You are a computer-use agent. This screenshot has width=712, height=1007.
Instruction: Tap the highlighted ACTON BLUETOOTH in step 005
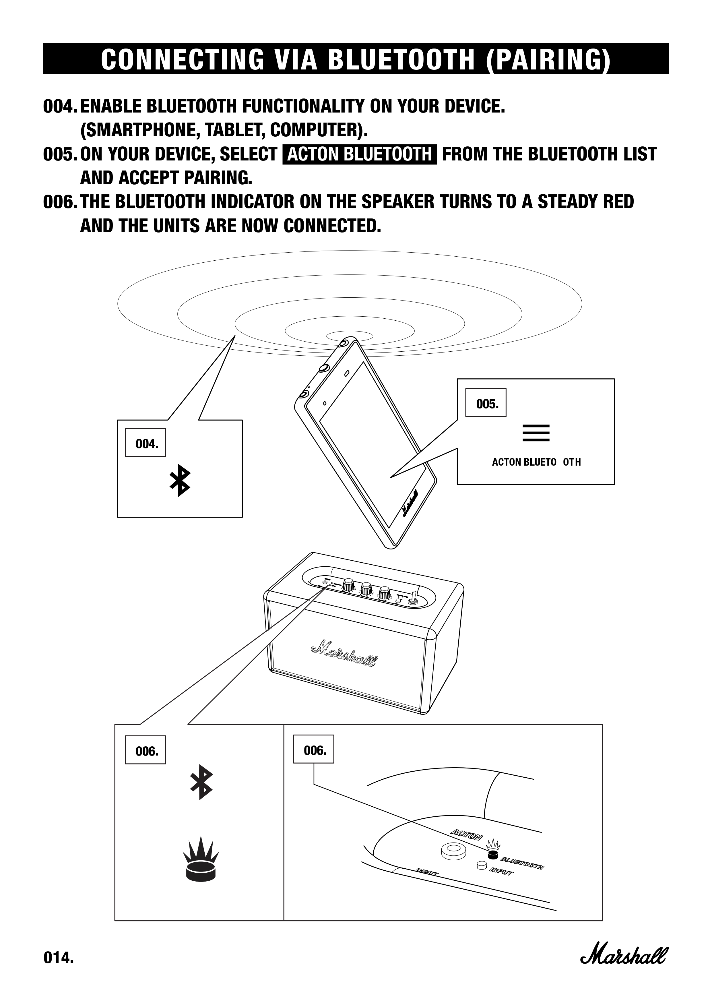tap(360, 154)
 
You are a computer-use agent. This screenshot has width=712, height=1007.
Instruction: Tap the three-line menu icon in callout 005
tap(536, 433)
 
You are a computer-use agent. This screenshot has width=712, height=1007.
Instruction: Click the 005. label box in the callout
tap(486, 403)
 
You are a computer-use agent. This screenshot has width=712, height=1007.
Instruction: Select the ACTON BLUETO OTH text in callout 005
tap(536, 462)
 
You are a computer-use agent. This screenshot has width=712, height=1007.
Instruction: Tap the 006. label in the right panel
tap(313, 750)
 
